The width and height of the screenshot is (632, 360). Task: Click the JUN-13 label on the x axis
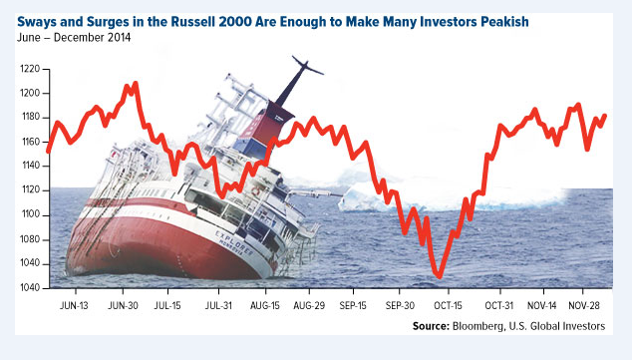[77, 304]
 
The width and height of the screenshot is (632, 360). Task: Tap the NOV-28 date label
[586, 304]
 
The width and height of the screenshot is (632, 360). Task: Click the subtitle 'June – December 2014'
[75, 37]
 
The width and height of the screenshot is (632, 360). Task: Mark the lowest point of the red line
[438, 276]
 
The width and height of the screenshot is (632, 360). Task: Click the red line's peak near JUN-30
[135, 84]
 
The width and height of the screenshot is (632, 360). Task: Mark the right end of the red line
[605, 116]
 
